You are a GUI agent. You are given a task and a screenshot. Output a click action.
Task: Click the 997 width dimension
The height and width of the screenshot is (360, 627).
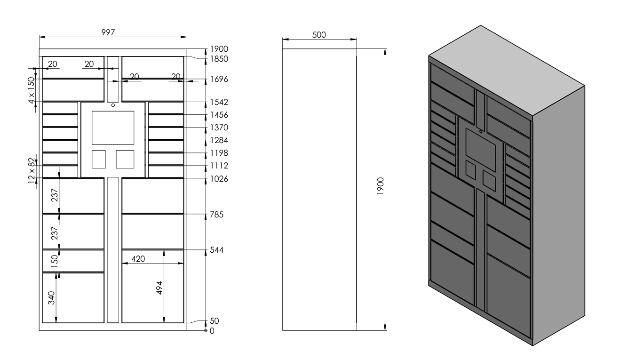pos(108,32)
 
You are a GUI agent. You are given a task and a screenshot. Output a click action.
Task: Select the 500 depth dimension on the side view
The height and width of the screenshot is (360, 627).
pos(319,35)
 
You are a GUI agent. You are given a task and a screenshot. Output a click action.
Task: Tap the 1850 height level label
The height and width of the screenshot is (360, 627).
pos(219,59)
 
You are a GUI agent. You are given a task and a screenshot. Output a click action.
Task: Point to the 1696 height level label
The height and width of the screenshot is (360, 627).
pos(219,79)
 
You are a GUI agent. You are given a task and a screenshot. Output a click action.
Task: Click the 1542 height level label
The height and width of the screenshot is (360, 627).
pos(219,102)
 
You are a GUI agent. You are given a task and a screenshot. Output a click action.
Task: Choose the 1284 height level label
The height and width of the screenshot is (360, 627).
pos(219,140)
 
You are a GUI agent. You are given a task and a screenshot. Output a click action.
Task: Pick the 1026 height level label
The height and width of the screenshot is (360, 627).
pos(219,179)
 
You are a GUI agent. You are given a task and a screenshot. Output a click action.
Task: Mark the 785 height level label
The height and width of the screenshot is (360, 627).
pos(217,215)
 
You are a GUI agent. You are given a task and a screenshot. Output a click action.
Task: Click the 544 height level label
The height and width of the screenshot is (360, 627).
pos(217,250)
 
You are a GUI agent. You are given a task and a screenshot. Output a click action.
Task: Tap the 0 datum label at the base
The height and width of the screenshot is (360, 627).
pos(212,331)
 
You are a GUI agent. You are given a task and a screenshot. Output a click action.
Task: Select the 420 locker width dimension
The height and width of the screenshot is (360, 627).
pos(138,259)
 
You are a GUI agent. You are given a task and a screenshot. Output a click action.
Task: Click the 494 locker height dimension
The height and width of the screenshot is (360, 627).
pos(159,288)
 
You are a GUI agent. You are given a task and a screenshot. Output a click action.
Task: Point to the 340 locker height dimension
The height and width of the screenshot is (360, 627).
pos(51,298)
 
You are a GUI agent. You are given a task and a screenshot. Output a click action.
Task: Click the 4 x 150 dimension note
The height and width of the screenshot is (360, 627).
pos(32,90)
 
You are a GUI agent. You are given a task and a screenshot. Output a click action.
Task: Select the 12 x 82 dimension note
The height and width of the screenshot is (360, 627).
pos(32,171)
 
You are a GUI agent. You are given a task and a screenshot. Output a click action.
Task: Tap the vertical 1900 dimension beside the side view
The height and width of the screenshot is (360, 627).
pos(381,186)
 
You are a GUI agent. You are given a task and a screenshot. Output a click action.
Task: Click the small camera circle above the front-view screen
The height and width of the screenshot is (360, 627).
pos(113,105)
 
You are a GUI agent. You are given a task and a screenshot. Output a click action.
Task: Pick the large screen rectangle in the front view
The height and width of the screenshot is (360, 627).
pos(113,128)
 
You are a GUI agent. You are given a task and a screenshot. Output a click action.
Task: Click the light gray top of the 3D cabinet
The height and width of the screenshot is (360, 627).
pos(507,71)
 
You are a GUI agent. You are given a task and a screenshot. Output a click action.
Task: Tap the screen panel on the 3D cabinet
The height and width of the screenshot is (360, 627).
pos(481,150)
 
